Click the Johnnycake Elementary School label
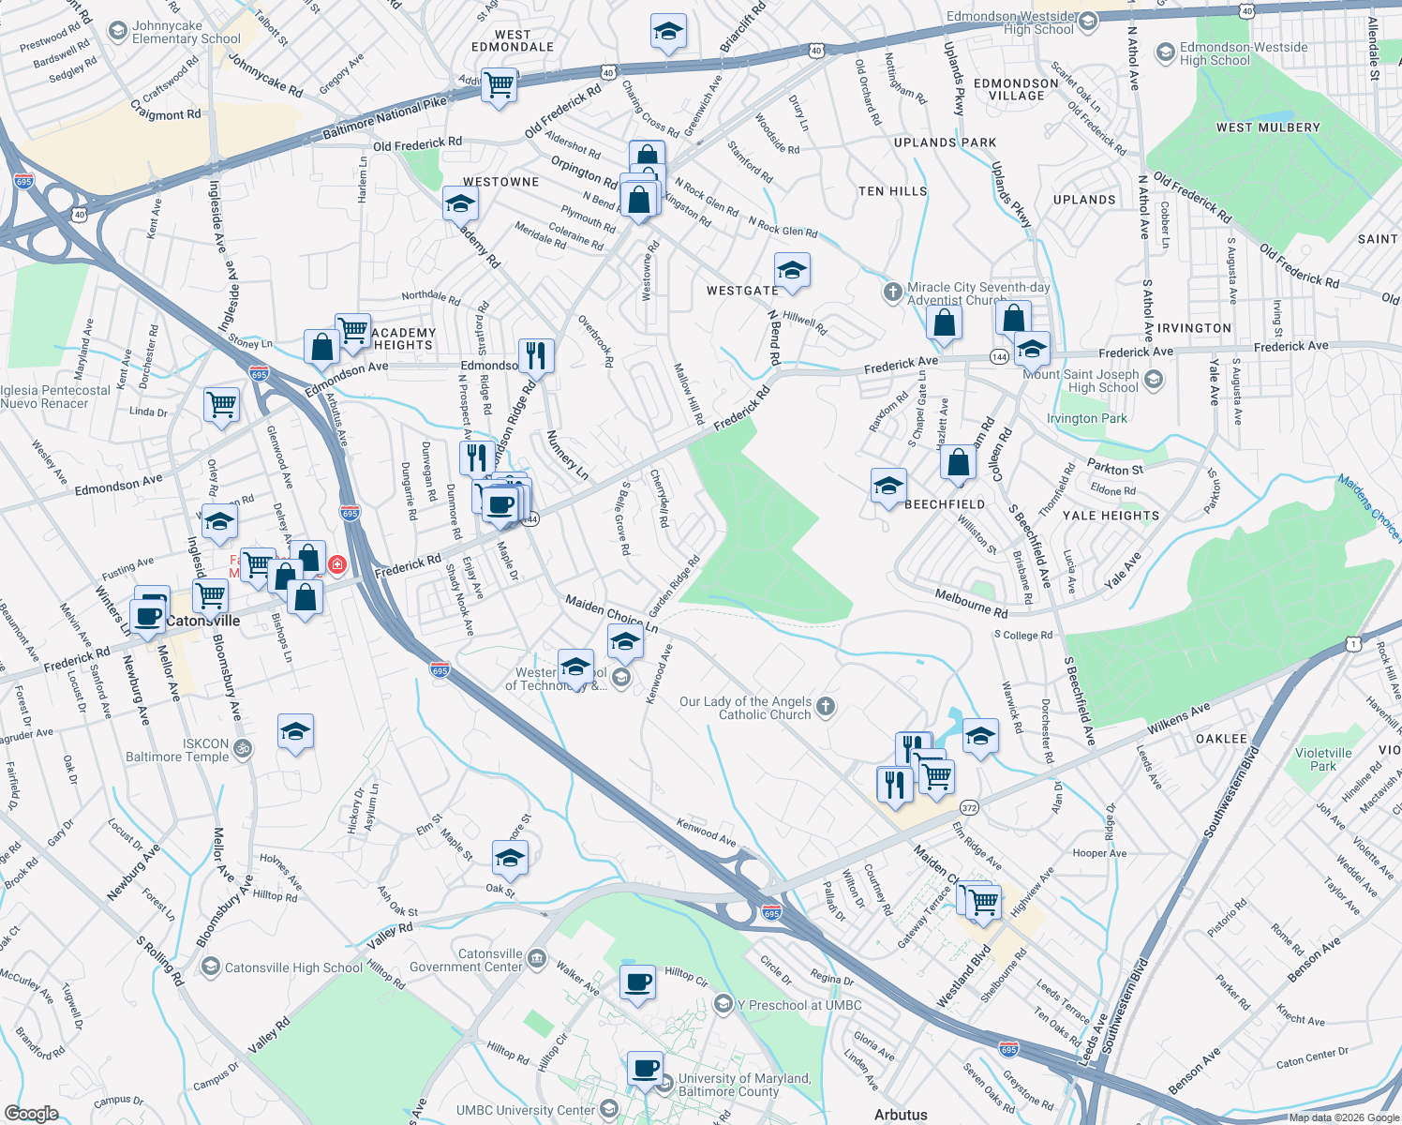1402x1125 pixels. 186,33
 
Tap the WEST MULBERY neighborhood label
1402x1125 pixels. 1268,127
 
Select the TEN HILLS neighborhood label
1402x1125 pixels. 892,191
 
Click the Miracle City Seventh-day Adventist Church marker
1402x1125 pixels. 892,292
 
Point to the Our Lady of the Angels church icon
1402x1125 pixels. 825,707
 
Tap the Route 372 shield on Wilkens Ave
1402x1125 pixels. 969,807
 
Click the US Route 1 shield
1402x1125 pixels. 1352,643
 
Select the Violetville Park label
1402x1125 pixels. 1323,759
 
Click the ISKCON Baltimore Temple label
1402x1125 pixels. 178,750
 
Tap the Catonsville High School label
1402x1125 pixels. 292,967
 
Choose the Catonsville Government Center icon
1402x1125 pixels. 536,958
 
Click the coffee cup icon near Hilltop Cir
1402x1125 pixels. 638,983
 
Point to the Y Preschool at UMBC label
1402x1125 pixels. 798,1005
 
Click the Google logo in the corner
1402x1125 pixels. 31,1113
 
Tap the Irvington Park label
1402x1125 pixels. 1087,418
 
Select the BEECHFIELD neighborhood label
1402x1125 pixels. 945,504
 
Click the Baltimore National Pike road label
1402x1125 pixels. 384,118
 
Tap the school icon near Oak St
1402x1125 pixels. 510,858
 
